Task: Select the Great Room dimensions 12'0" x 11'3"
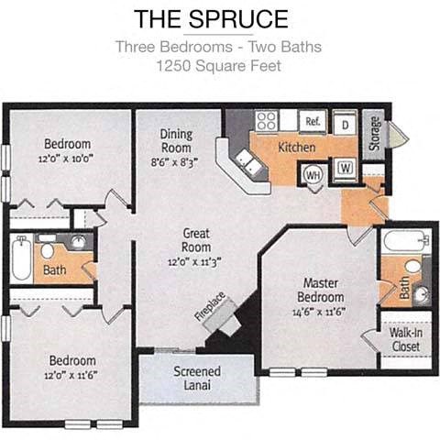[195, 259]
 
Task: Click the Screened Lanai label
[197, 378]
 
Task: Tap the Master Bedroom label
[320, 291]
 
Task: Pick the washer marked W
[346, 168]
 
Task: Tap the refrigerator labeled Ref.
[312, 121]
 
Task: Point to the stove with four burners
[267, 120]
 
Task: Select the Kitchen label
[297, 147]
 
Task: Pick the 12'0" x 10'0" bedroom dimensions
[67, 157]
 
